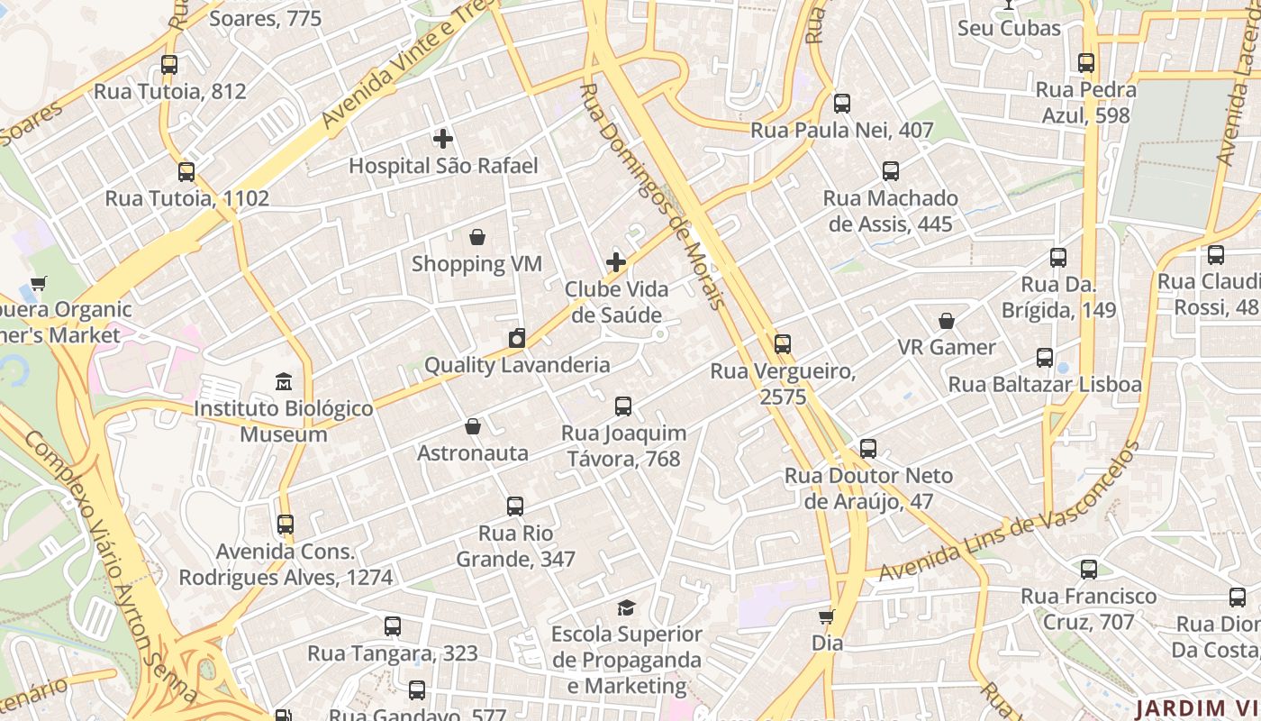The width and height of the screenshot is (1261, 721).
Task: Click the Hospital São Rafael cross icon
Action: coord(442,139)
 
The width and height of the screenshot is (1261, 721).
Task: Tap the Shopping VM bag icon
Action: coord(477,237)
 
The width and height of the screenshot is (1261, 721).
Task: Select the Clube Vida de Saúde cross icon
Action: coord(616,262)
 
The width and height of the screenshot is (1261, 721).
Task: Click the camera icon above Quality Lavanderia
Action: coord(517,338)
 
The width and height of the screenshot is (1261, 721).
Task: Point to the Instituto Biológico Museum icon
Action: coord(284,381)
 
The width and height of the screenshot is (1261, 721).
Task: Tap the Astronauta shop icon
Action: coord(473,426)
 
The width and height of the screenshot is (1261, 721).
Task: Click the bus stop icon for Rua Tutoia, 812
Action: coord(169,65)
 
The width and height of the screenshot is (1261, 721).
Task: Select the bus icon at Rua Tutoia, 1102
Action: coord(186,172)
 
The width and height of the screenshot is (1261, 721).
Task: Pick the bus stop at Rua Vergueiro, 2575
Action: coord(783,344)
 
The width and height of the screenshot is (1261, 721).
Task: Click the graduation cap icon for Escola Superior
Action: coord(626,607)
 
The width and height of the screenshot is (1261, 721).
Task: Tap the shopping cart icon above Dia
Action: coord(826,617)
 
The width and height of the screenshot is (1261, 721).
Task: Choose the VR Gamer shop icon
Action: coord(947,321)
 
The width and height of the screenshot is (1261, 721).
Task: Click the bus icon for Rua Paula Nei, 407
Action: coord(842,104)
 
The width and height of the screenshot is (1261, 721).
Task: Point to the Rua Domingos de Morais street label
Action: coord(653,196)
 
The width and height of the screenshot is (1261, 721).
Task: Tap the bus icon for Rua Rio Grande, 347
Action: coord(515,507)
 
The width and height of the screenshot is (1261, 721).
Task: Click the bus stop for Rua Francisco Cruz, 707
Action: coord(1089,570)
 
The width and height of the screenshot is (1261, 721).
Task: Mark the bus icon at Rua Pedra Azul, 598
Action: coord(1086,63)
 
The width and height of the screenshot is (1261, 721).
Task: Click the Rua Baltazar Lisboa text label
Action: coord(1045,385)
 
